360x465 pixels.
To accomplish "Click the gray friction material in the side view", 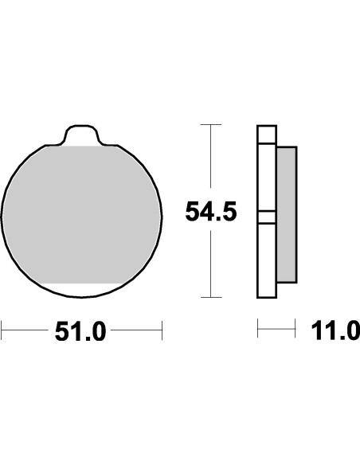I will click(x=286, y=215).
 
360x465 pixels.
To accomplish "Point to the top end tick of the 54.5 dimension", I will click(x=210, y=125).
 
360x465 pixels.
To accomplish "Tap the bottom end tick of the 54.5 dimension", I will click(x=210, y=297).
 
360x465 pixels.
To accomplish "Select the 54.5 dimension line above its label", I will click(x=210, y=159).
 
